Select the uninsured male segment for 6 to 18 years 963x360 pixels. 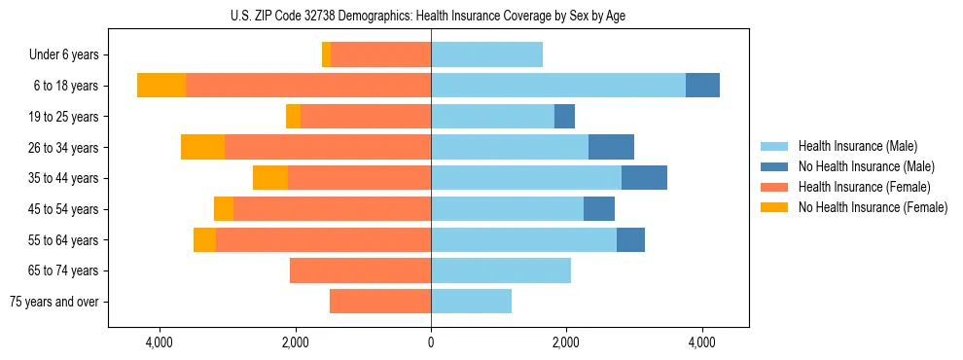pos(702,86)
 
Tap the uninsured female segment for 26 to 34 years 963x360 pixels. pos(202,147)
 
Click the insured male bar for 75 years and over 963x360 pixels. pos(471,302)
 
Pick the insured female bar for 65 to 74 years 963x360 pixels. pos(360,270)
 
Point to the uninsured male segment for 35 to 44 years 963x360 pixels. pos(644,178)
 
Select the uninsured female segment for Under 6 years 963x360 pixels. pos(326,54)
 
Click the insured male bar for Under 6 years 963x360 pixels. pos(486,54)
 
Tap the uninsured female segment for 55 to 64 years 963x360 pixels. pos(204,239)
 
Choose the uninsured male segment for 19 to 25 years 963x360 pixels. pos(564,117)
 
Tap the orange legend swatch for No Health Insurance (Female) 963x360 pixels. pos(774,207)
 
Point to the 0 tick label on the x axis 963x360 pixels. pos(431,342)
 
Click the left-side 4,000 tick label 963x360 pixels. pos(159,342)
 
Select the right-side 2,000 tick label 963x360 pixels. pos(566,342)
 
